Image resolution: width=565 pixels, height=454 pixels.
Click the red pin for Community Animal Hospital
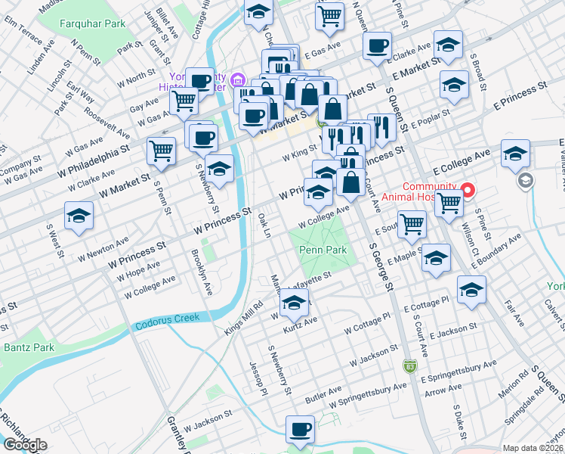pyautogui.click(x=468, y=189)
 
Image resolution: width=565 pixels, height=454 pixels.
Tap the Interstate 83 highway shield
pyautogui.click(x=408, y=366)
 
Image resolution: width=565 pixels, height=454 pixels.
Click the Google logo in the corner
pyautogui.click(x=25, y=445)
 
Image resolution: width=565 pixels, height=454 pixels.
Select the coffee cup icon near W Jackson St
pyautogui.click(x=300, y=430)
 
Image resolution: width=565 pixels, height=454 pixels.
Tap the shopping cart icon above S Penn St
pyautogui.click(x=162, y=151)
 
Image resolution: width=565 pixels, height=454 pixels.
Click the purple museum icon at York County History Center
pyautogui.click(x=237, y=79)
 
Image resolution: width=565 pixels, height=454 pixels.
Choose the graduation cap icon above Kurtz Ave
pyautogui.click(x=294, y=304)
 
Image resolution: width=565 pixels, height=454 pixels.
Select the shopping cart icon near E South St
pyautogui.click(x=412, y=223)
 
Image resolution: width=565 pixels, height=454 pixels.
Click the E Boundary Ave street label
pyautogui.click(x=497, y=247)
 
